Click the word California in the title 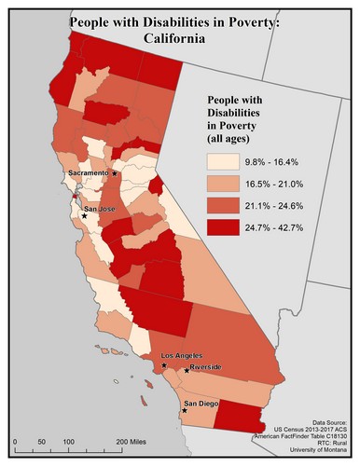coord(180,41)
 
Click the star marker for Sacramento coord(115,173)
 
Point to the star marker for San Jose coord(83,215)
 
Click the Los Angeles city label coord(183,357)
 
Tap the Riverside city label coord(208,368)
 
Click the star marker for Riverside coord(187,372)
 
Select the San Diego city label coord(202,404)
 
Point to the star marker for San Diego coord(185,410)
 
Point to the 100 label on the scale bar coord(68,439)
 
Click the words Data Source coord(320,421)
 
